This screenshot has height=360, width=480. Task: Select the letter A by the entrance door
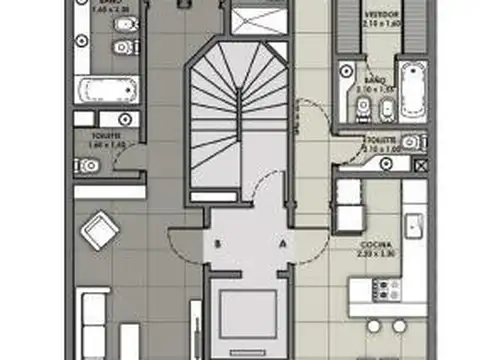point(282,242)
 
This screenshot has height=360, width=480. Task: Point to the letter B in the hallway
point(217,242)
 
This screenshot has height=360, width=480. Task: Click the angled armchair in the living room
point(101,232)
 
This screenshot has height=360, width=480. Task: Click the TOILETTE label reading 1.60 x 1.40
point(103,140)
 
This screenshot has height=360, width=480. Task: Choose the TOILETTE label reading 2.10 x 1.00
point(383,145)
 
